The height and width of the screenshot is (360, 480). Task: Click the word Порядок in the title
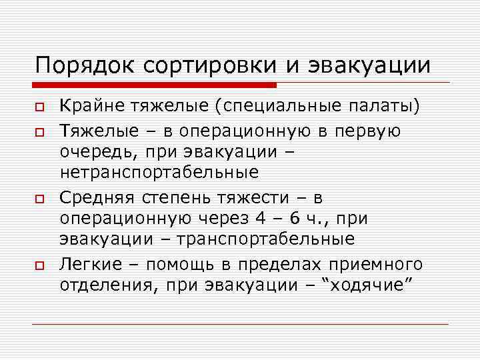click(80, 66)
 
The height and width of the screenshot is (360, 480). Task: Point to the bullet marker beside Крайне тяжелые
click(39, 107)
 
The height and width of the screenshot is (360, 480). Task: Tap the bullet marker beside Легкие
click(39, 266)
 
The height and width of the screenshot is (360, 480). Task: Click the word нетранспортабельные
click(159, 173)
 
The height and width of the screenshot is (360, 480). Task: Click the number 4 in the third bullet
click(261, 218)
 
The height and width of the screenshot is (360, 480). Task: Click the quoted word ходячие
click(368, 285)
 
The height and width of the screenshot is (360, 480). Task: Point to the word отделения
click(108, 285)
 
